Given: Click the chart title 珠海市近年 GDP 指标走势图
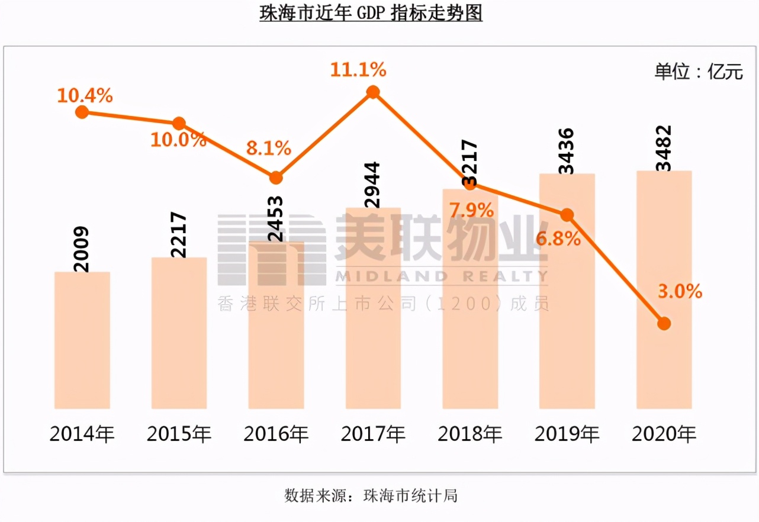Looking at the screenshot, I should click(371, 13).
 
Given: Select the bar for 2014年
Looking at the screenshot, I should click(82, 340).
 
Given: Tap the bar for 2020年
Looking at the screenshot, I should click(664, 289).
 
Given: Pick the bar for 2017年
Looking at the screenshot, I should click(373, 308).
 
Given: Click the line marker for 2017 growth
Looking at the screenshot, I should click(373, 92).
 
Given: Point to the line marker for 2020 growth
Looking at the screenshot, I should click(664, 323).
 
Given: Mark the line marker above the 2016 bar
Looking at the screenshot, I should click(276, 178).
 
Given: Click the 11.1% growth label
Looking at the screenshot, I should click(358, 70).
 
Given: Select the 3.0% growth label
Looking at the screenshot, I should click(679, 291).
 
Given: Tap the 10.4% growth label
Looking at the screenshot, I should click(85, 95).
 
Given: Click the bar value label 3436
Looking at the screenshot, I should click(567, 151).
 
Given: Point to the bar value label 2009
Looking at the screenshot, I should click(82, 249).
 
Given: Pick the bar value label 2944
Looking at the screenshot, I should click(373, 185).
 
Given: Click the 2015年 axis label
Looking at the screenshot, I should click(179, 434).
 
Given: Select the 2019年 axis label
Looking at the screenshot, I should click(567, 434).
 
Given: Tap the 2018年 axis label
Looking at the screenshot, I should click(469, 434).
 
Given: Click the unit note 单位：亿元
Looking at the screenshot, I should click(697, 72).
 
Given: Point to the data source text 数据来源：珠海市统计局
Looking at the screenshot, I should click(371, 495).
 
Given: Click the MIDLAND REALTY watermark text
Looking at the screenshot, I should click(441, 276).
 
